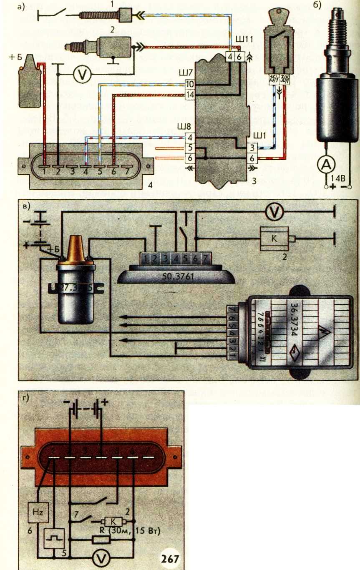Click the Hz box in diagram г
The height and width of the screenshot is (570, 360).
tap(34, 510)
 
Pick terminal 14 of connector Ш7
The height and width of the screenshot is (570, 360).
tap(190, 95)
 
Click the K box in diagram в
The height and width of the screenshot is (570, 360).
tap(274, 238)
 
